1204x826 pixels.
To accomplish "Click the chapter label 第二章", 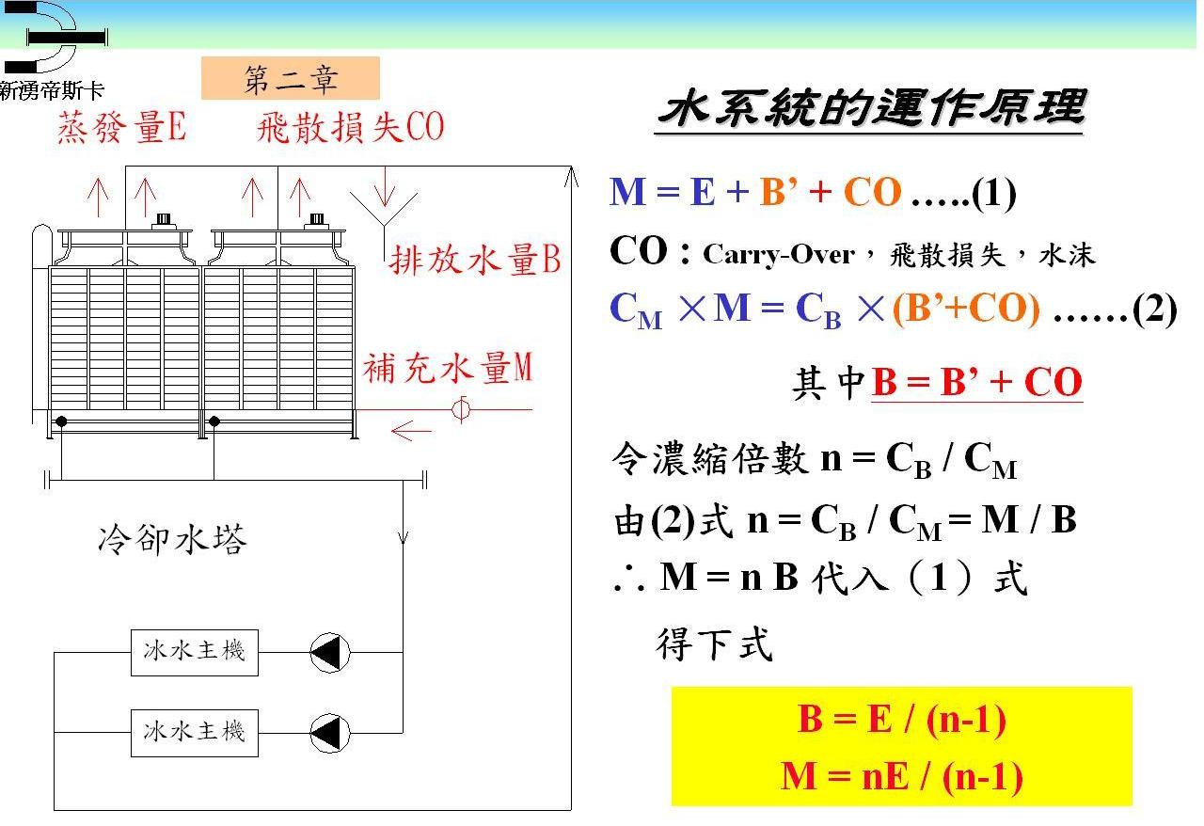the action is [x=291, y=80].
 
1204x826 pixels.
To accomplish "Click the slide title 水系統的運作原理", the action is [x=871, y=108].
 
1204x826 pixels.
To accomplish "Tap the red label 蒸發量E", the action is [x=122, y=127].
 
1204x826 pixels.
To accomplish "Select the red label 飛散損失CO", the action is [x=351, y=127].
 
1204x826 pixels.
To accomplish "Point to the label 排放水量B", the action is [x=475, y=260].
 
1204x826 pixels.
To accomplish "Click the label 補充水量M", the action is [x=447, y=368].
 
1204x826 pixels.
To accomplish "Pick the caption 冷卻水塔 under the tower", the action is [x=172, y=539].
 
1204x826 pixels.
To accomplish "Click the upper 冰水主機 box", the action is [x=195, y=653].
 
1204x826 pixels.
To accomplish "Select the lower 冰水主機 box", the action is [x=195, y=733].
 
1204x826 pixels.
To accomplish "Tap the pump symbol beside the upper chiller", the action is [x=330, y=653].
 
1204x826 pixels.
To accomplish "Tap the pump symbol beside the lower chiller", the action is [x=330, y=733].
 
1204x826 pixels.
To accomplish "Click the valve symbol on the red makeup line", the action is [x=461, y=410].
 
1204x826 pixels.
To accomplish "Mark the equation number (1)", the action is [x=993, y=193].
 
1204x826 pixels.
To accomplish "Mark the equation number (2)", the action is [x=1154, y=310].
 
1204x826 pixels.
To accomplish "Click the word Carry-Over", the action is [x=778, y=254].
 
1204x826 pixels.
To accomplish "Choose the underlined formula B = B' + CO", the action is [x=976, y=382].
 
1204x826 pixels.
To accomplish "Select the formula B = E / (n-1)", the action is [x=902, y=719].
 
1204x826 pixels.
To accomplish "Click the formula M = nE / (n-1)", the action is [x=902, y=777].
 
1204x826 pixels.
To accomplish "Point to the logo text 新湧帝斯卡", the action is [x=52, y=90].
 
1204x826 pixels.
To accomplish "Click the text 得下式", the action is [x=714, y=643].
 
